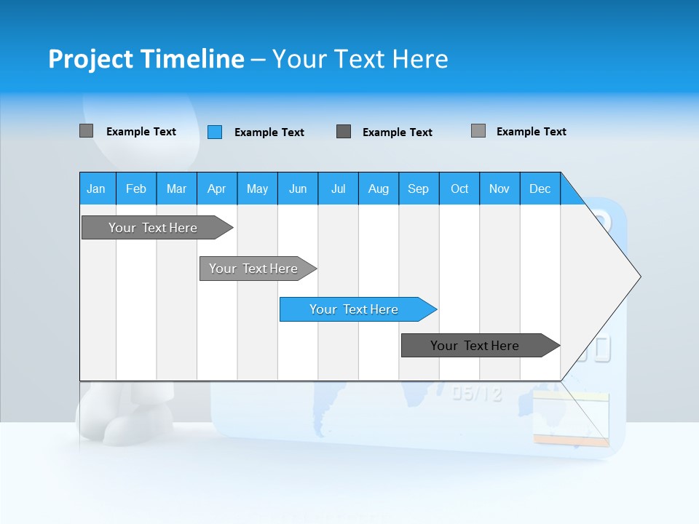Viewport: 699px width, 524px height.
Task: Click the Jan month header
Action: (x=96, y=188)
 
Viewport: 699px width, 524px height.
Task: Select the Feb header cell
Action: (x=136, y=188)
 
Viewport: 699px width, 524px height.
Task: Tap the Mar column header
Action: (x=176, y=188)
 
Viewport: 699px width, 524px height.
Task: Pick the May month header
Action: (x=257, y=188)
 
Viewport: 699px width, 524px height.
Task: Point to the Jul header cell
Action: (x=338, y=188)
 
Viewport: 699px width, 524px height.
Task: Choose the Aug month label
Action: (x=378, y=188)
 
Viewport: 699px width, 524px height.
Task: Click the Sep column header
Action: (x=418, y=188)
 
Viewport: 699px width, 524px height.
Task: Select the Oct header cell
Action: (x=459, y=188)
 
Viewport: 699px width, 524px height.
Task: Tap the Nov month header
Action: (x=499, y=188)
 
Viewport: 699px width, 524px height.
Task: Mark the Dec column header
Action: (x=540, y=188)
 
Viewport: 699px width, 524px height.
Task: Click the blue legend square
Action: (x=215, y=132)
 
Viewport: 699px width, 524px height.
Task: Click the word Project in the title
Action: (x=90, y=59)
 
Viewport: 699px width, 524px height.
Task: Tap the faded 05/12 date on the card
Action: (x=477, y=394)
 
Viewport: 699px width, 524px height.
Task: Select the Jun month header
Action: (x=298, y=188)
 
